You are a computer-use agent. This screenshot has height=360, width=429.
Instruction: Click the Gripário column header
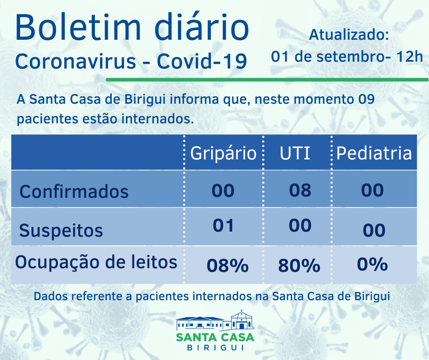click(223, 153)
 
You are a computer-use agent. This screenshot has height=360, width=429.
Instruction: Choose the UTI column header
click(295, 153)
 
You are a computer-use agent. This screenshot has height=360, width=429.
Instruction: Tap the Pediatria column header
click(374, 153)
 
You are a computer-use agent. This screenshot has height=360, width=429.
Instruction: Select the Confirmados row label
click(74, 191)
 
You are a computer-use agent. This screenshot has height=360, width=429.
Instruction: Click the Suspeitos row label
click(61, 230)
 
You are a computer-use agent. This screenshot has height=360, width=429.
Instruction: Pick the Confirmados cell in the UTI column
click(300, 190)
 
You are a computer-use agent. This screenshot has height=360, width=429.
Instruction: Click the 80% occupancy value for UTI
click(299, 265)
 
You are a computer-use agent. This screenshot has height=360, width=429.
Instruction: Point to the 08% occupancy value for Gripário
click(227, 265)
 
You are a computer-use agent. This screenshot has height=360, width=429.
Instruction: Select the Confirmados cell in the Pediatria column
click(372, 190)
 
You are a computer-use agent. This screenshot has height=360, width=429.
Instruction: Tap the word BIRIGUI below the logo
click(215, 348)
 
